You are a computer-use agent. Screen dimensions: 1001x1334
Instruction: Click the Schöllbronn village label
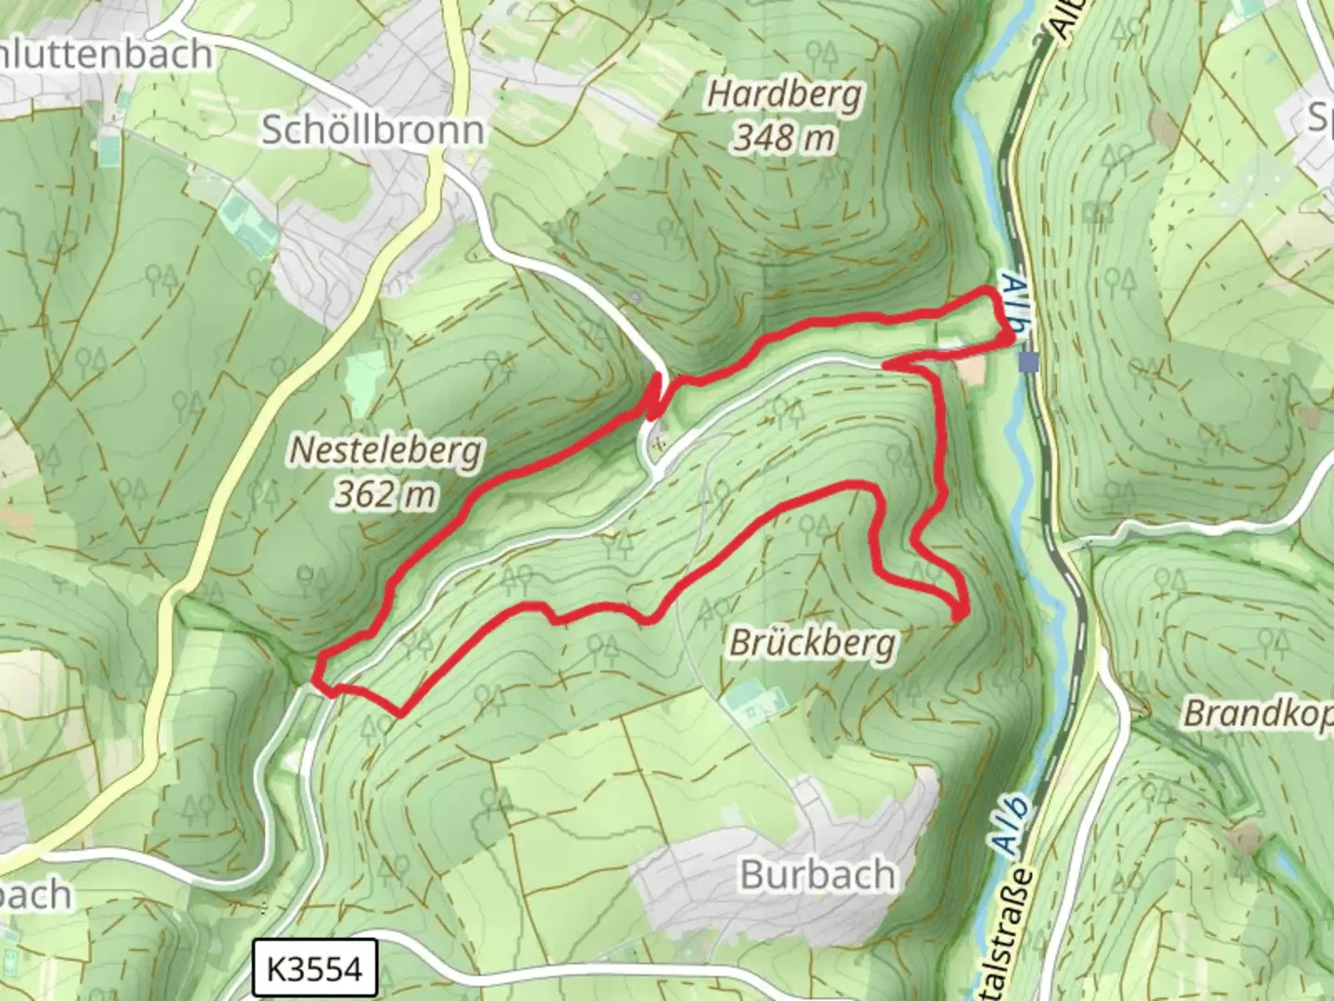[372, 130]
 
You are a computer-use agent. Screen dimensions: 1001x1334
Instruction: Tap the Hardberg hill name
[785, 95]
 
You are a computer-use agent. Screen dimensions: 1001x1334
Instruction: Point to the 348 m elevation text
[785, 139]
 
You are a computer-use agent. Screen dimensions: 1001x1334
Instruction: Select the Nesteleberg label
[385, 451]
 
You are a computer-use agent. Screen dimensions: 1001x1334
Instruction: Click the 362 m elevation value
[385, 495]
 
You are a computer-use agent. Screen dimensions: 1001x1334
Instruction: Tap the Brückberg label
[812, 642]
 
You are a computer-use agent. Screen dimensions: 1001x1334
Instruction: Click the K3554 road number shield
[314, 969]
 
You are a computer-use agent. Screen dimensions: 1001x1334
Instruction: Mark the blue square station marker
[1028, 361]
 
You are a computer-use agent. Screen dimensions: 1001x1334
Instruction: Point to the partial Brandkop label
[1258, 714]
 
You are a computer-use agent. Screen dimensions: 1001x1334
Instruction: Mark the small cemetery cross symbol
[659, 442]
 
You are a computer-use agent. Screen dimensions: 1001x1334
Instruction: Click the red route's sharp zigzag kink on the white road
[656, 396]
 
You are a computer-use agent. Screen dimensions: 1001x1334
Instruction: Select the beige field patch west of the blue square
[972, 372]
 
